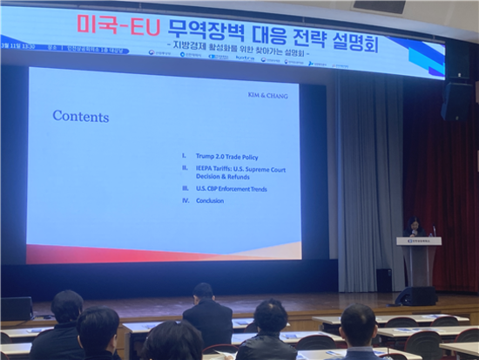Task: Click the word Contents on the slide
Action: tap(80, 116)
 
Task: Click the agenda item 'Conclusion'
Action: tap(209, 200)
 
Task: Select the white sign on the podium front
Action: tap(419, 241)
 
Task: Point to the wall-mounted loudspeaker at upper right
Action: tap(456, 99)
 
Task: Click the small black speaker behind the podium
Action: tap(383, 280)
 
